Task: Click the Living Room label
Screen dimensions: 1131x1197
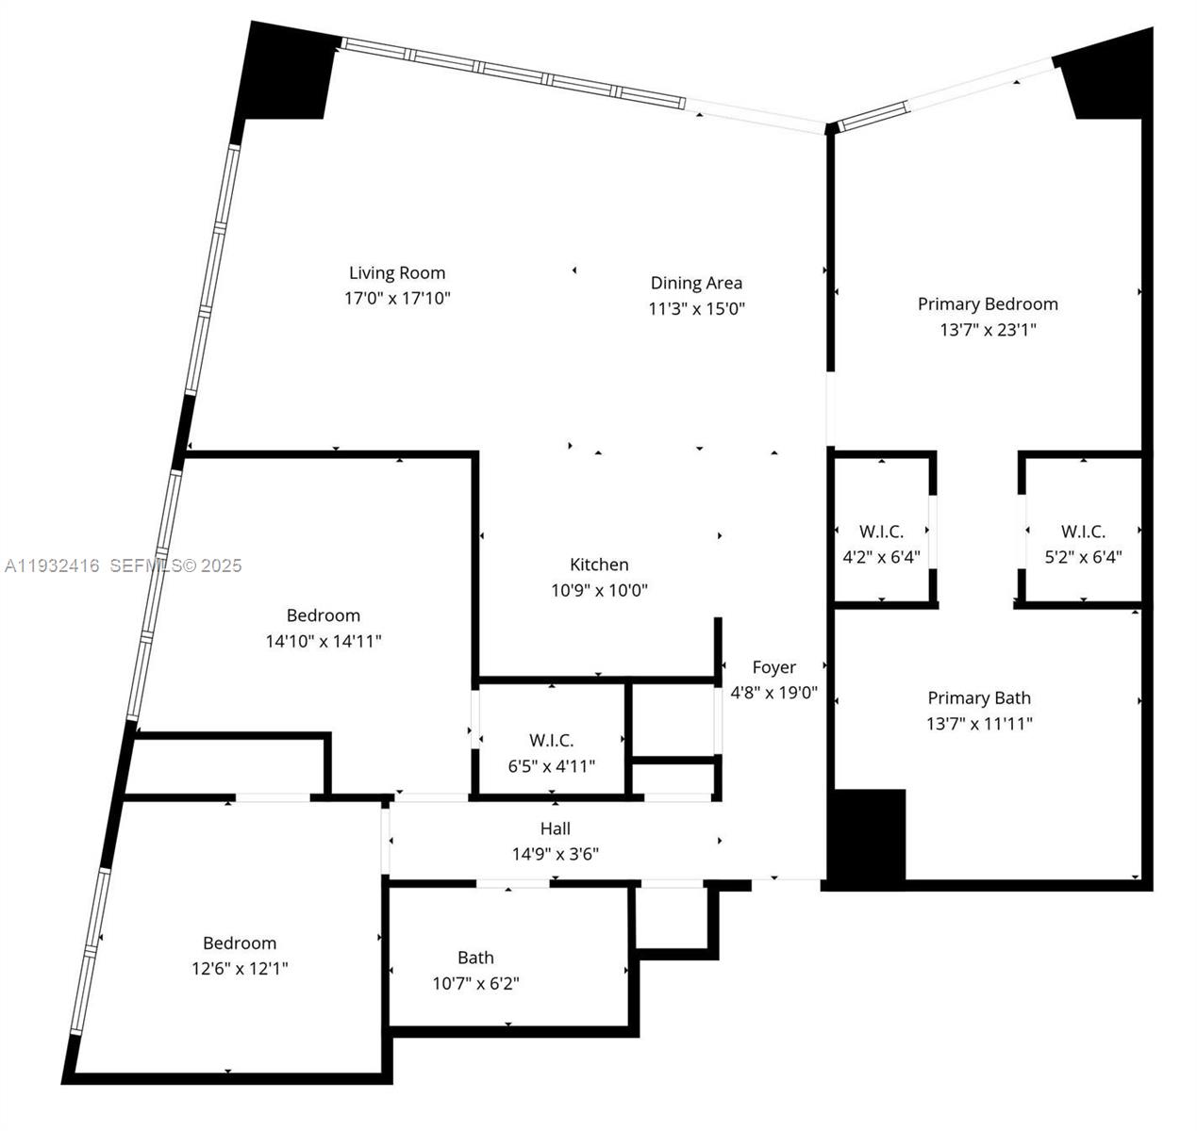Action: pyautogui.click(x=397, y=273)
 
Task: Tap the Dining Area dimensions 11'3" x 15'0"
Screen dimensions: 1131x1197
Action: pyautogui.click(x=697, y=308)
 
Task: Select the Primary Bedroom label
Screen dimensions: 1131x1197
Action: pyautogui.click(x=988, y=303)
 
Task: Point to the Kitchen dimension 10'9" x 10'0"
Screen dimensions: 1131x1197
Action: pyautogui.click(x=599, y=590)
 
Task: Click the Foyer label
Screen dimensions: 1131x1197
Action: pyautogui.click(x=774, y=667)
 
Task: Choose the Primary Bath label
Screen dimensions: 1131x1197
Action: pyautogui.click(x=979, y=697)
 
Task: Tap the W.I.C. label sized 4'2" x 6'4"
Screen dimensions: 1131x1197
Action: pyautogui.click(x=881, y=532)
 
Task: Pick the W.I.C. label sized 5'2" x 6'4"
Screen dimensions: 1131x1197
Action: pyautogui.click(x=1083, y=532)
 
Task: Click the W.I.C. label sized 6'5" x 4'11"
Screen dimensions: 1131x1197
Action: pyautogui.click(x=552, y=741)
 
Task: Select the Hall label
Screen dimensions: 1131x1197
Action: pyautogui.click(x=556, y=828)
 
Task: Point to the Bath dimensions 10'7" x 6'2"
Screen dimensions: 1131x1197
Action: pyautogui.click(x=476, y=984)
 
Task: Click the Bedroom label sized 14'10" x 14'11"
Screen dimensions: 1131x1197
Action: pyautogui.click(x=324, y=615)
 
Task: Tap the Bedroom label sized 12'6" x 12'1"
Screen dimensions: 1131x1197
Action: pyautogui.click(x=240, y=942)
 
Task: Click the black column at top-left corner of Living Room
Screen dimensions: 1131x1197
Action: pyautogui.click(x=288, y=74)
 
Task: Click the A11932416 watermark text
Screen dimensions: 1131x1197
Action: pyautogui.click(x=53, y=565)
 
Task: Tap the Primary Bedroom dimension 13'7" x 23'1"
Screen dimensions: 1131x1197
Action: pyautogui.click(x=988, y=330)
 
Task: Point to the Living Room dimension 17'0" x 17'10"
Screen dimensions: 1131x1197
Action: pyautogui.click(x=397, y=299)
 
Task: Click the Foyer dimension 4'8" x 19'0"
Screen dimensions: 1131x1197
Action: pyautogui.click(x=774, y=693)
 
